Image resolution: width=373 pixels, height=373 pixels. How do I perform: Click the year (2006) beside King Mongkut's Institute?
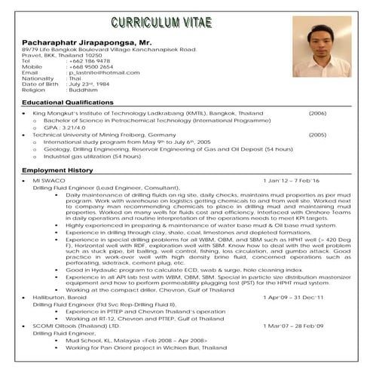pyautogui.click(x=317, y=113)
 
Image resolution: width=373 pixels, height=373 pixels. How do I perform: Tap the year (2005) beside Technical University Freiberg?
pyautogui.click(x=317, y=135)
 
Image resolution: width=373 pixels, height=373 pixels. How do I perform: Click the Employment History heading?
pyautogui.click(x=57, y=170)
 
